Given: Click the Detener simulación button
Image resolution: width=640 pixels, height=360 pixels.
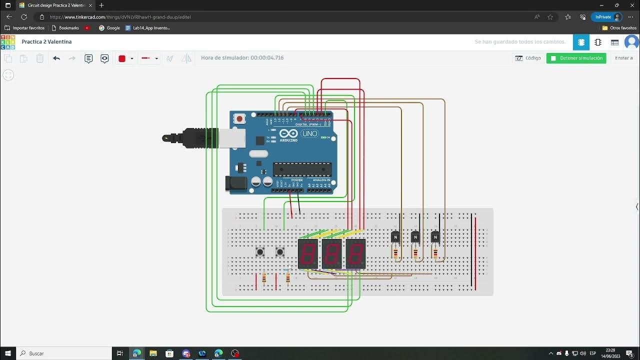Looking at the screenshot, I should pos(576,58).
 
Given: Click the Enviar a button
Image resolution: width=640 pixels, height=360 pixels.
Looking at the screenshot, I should pos(623,58).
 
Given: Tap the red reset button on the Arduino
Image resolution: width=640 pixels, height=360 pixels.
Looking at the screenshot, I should pos(239,119).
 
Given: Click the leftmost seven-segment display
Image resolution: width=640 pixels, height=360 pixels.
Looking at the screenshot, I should pos(307,253).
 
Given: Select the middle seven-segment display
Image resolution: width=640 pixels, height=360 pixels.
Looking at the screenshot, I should pos(331,253).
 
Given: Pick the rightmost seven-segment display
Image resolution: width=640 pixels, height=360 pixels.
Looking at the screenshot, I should pos(355,253).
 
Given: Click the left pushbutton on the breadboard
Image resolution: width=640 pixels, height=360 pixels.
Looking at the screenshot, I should pos(260,251).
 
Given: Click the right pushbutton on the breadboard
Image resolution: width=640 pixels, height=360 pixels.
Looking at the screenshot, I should pos(280,251).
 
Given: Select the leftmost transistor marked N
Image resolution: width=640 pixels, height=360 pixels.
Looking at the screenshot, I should pos(395,237).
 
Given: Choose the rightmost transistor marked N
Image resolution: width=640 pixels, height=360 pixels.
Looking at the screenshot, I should pos(435,237).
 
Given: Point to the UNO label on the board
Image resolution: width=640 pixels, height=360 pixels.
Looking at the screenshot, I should pos(310,133).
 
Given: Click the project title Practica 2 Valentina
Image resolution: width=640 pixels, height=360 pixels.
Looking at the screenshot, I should pos(46,42).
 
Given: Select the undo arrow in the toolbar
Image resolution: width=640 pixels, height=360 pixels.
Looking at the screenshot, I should pos(56,58).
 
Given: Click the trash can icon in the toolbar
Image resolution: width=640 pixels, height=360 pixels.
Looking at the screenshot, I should pos(40,58).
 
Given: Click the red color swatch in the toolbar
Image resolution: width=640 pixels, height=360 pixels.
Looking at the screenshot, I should pos(121,58).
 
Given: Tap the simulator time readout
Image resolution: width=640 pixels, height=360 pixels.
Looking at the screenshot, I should pos(242,58).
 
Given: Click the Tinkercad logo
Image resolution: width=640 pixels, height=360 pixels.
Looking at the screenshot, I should pos(8,42).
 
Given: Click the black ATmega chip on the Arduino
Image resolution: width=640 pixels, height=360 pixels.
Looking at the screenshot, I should pos(302,169).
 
